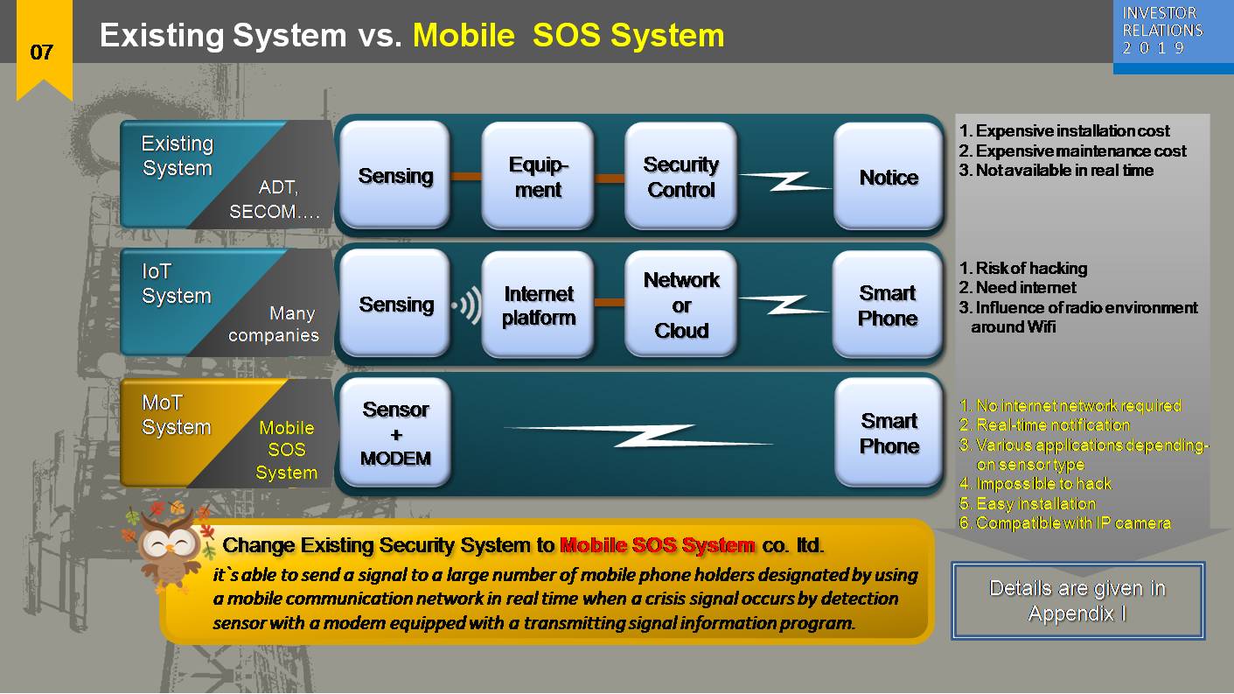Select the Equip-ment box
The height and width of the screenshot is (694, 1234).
538,177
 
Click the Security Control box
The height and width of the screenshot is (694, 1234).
680,177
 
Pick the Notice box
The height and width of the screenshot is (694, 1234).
889,177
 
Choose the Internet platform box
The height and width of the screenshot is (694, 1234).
538,305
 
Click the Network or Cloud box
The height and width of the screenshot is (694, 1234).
680,305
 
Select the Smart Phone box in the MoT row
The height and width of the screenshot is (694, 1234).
889,433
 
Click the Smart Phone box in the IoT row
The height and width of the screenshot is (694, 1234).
887,305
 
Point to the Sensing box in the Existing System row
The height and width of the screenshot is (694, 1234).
395,176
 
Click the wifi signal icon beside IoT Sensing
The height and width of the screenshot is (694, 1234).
467,306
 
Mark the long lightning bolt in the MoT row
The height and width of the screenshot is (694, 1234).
638,435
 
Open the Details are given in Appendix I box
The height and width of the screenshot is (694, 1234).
1077,600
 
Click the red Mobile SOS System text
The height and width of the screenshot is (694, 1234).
657,545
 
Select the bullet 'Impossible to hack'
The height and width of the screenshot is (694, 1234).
1043,484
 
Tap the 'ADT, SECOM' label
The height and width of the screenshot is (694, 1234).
275,200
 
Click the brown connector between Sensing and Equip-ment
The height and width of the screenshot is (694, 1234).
466,178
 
